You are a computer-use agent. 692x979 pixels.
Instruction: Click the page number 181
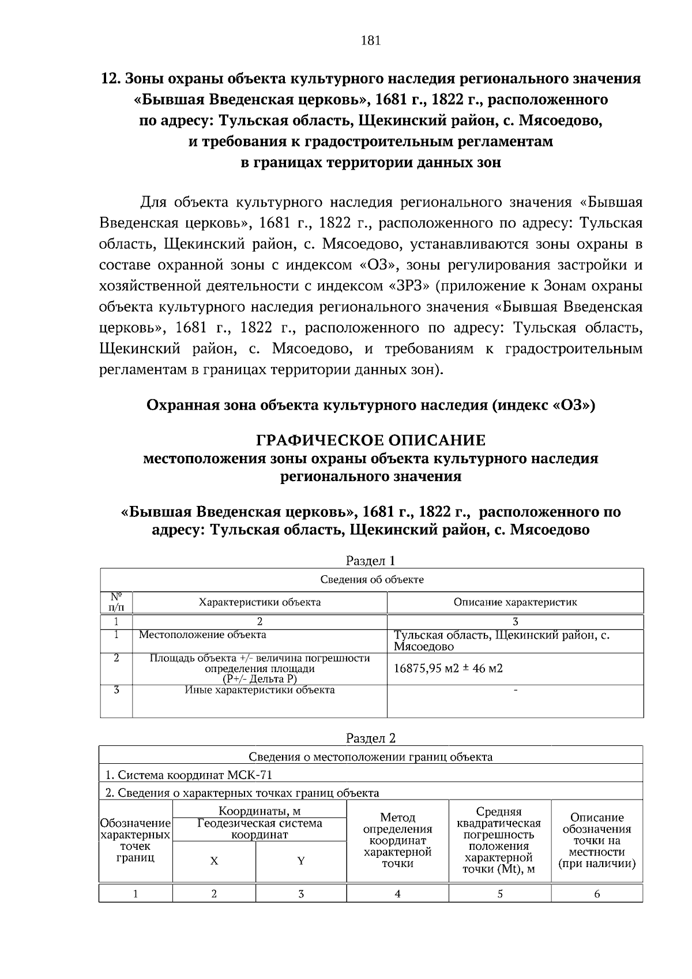point(370,40)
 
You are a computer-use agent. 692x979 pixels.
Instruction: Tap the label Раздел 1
point(370,560)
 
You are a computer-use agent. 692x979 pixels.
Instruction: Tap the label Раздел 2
point(370,738)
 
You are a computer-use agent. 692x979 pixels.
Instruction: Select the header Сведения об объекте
point(372,579)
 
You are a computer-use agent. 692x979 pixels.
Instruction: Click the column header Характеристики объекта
point(259,602)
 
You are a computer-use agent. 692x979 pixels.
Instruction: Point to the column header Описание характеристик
point(515,602)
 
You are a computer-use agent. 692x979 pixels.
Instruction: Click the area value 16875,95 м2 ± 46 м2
point(448,669)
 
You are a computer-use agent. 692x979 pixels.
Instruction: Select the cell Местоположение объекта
point(202,635)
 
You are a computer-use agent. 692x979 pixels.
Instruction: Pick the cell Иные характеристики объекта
point(259,689)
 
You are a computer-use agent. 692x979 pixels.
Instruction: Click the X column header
point(214,861)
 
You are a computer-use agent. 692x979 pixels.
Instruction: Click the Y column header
point(300,861)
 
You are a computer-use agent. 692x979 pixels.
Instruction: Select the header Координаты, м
point(259,811)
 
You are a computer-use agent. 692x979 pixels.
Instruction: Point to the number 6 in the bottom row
point(597,894)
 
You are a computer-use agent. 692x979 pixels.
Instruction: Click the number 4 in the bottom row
point(397,894)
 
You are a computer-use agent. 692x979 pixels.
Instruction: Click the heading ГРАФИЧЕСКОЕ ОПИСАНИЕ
point(370,441)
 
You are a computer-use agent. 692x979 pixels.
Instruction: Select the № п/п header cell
point(116,602)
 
